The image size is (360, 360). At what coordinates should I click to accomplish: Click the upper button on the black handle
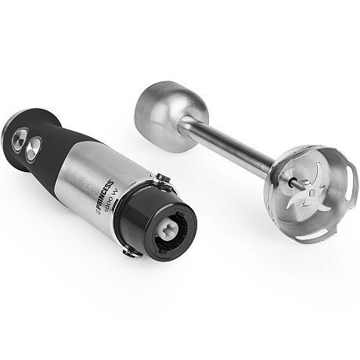[20, 137]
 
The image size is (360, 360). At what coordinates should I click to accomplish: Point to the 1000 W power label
[111, 201]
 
